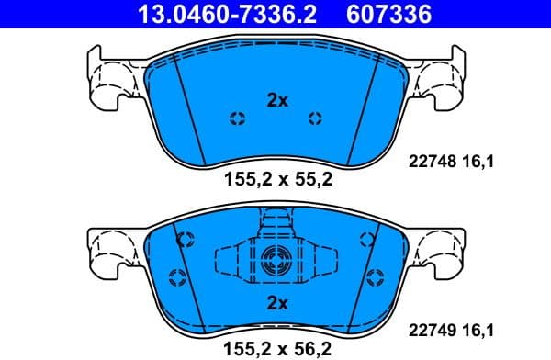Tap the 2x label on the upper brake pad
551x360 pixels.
point(276,101)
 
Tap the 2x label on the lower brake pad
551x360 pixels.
point(276,302)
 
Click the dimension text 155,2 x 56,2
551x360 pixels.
point(276,347)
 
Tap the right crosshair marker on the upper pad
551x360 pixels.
point(316,118)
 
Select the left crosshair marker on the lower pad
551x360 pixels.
point(184,241)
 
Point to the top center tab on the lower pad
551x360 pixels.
point(276,219)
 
